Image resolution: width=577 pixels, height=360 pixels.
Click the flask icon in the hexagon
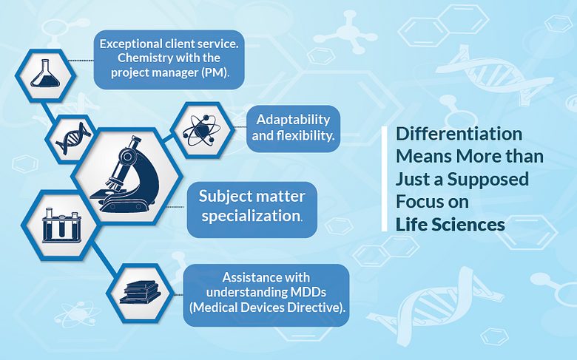45,73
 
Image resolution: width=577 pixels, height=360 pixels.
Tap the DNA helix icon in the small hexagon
73,139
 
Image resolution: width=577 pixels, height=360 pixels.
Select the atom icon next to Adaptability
202,130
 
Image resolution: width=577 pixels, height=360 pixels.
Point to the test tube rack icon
61,225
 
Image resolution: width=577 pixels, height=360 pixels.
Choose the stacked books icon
141,292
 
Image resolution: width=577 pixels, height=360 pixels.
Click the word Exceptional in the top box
131,44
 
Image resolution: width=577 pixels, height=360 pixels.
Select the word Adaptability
293,120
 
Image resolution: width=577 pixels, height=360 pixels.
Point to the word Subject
220,197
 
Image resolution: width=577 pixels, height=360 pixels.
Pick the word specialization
252,216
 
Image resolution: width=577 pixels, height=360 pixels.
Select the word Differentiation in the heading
459,134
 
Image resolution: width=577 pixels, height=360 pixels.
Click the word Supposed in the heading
488,180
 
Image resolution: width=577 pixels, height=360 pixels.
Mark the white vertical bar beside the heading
385,179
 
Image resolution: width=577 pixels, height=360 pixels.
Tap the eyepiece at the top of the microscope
135,140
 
